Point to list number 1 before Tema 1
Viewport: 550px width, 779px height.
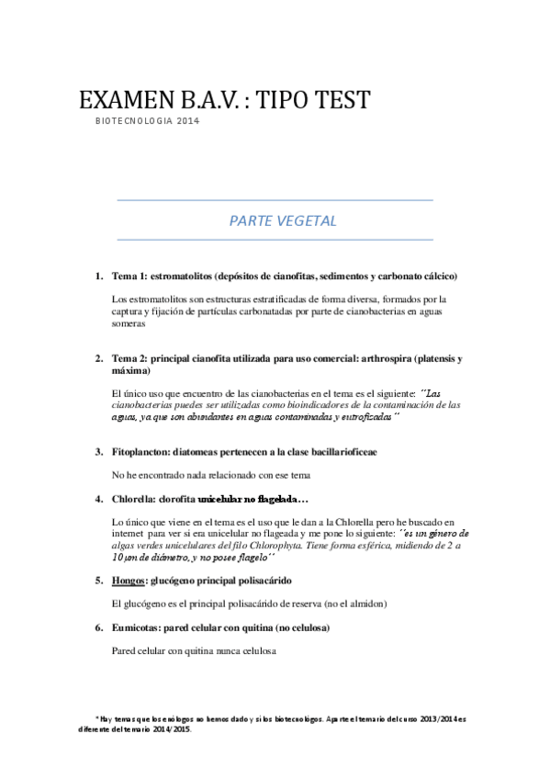99,277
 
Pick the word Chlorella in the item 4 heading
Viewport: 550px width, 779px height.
133,499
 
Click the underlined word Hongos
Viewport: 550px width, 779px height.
129,581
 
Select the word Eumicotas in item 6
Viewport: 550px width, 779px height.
137,627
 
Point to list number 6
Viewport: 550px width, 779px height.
99,627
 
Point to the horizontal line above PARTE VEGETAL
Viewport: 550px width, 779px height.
275,199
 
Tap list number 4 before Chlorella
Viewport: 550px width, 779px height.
99,499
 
